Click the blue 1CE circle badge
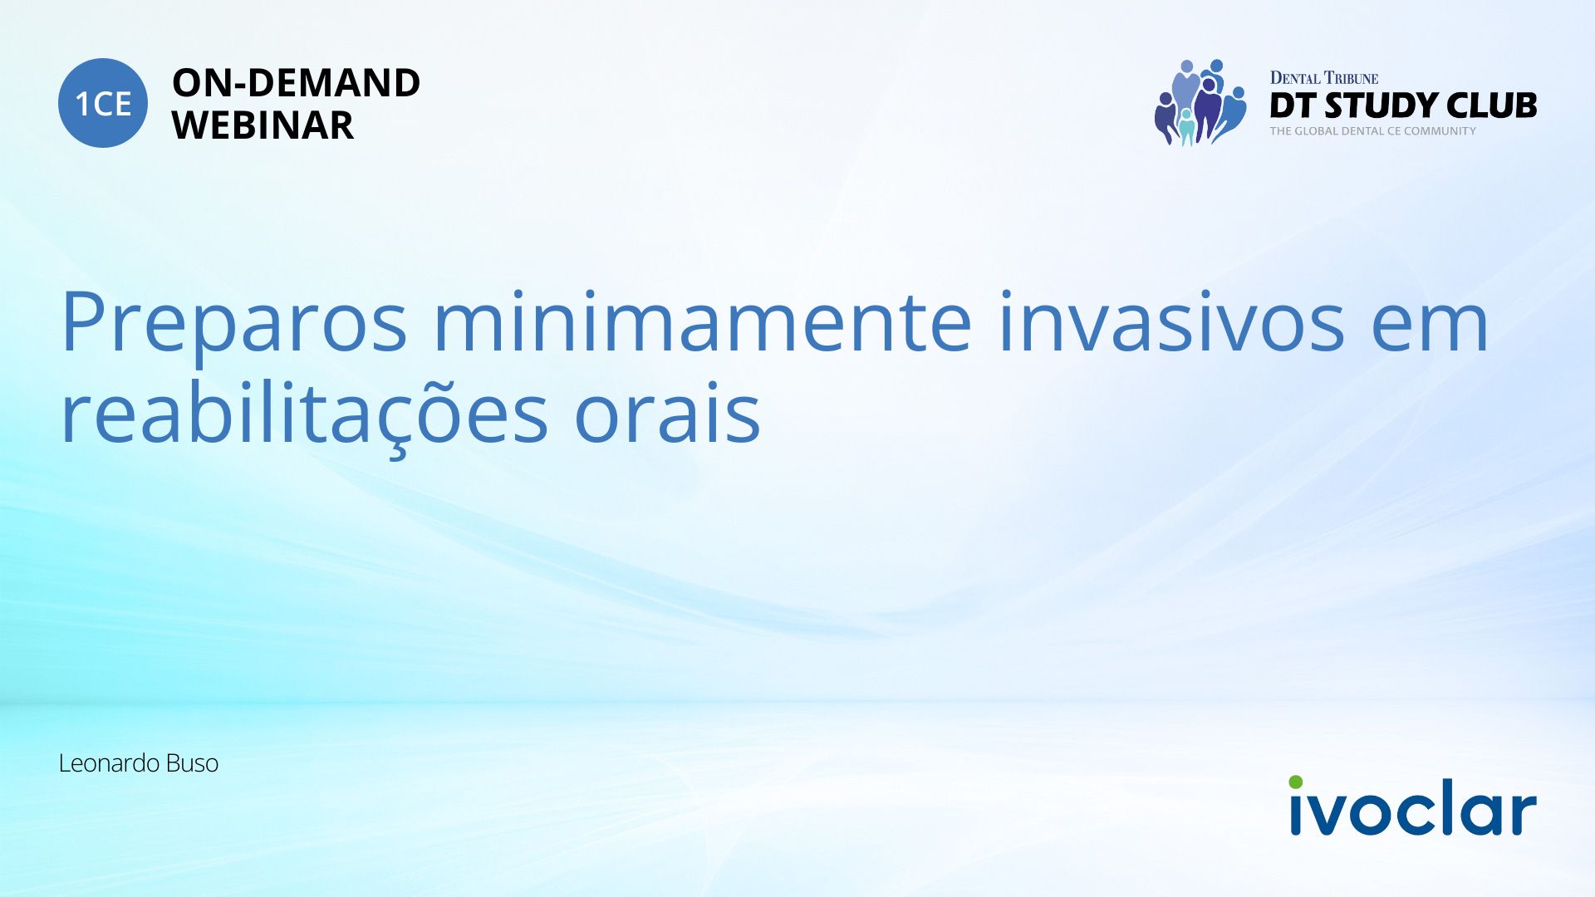(x=103, y=103)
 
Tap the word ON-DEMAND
(x=296, y=83)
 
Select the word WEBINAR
(x=263, y=125)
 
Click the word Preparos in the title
(x=233, y=322)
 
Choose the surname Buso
(x=192, y=763)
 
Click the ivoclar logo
(x=1412, y=806)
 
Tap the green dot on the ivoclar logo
(x=1296, y=782)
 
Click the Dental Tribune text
(x=1324, y=78)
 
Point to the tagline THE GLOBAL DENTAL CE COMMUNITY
(x=1373, y=131)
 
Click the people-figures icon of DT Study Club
(x=1200, y=102)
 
